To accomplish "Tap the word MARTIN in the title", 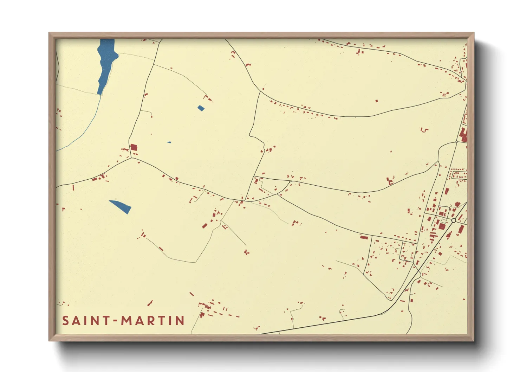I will pos(153,321).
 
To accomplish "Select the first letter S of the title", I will pos(65,321).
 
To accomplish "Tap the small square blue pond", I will pos(201,108).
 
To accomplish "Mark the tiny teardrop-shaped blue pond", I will pos(169,142).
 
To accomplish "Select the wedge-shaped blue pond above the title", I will pos(121,206).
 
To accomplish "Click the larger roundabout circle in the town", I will pos(454,220).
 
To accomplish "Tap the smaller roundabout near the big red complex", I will pos(456,142).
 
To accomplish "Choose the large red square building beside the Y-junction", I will pos(134,147).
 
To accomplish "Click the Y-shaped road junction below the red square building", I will pos(131,158).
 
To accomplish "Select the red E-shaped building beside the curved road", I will pos(389,181).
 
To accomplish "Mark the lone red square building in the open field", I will pos(377,101).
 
